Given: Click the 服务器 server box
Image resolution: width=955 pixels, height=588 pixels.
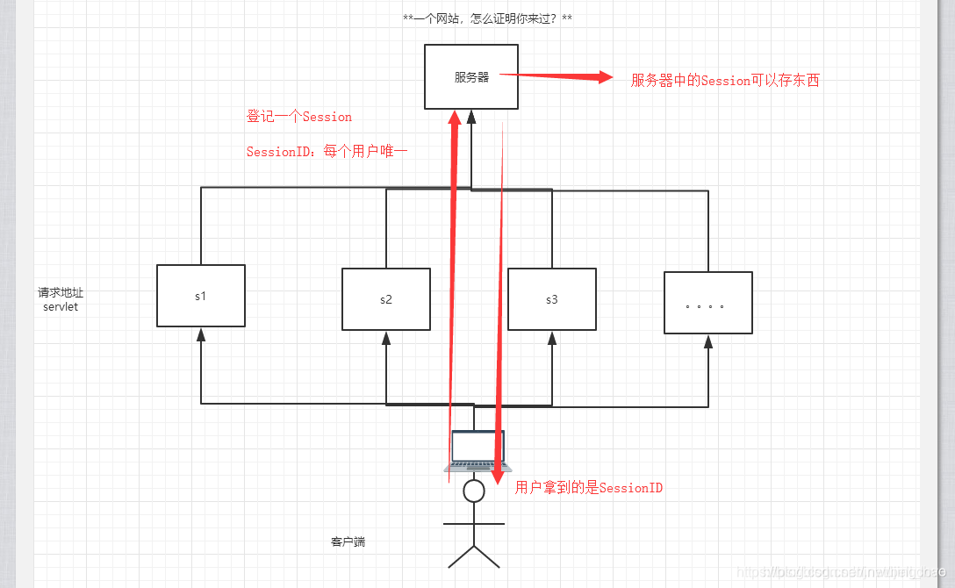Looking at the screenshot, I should pos(470,77).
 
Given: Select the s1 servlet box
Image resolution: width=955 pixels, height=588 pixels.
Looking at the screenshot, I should pos(201,296).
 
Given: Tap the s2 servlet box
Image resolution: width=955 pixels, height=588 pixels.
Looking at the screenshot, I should pos(386,299).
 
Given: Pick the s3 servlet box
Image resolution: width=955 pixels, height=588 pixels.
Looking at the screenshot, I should pos(552,299).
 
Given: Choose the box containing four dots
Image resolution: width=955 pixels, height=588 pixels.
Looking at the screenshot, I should pos(708,303).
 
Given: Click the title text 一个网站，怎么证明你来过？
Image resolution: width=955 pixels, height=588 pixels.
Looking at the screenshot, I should pos(487,18).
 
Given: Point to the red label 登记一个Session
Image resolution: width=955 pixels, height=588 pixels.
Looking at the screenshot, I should pos(299,117).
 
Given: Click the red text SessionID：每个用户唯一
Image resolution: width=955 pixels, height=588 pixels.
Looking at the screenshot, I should pos(327,152).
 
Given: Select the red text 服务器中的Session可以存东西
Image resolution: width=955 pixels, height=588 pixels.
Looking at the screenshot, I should pos(725,81).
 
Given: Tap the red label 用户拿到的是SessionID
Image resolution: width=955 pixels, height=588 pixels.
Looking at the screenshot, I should pos(589,488).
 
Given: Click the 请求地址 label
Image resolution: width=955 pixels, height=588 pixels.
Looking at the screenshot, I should pos(61,292).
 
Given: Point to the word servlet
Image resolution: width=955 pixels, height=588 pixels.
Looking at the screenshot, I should pos(61,307).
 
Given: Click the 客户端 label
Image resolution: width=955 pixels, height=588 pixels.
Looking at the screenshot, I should pos(348,542).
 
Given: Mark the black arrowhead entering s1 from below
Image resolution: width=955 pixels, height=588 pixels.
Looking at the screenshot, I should pos(201,334).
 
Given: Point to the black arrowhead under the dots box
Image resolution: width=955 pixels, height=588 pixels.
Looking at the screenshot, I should pos(708,341).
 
